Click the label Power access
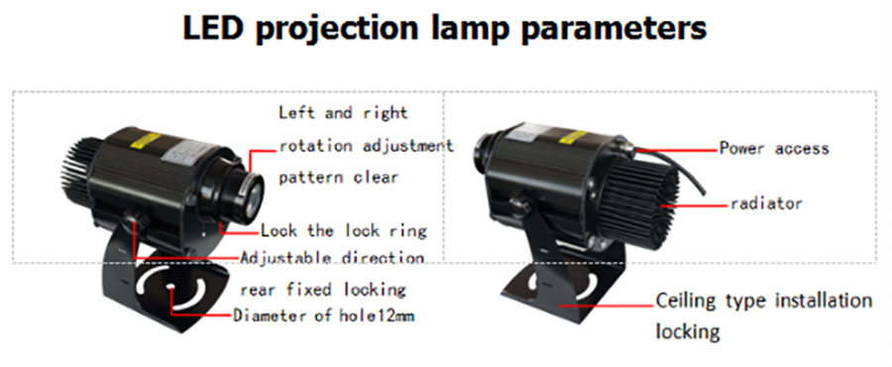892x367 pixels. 773,149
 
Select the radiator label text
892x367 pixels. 765,204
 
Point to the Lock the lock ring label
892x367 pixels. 343,231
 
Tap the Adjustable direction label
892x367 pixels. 333,258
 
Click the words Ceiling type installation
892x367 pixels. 764,300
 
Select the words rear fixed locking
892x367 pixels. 323,290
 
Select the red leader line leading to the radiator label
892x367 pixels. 699,204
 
